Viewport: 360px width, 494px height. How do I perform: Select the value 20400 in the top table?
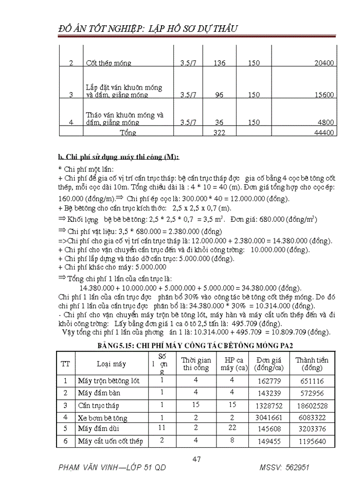coord(324,63)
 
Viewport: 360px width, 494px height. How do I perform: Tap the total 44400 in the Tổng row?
coord(324,133)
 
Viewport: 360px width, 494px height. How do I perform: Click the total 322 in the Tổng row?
coord(220,133)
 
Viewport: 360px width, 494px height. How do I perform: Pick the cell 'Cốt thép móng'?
coord(109,63)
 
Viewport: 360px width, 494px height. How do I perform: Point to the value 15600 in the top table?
coord(324,95)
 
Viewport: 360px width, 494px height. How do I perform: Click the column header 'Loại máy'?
coord(111,364)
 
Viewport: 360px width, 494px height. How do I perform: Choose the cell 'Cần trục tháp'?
coord(98,406)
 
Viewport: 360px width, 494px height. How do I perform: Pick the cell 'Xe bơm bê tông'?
coord(102,418)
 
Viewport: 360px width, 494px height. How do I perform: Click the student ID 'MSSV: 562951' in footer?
coord(284,469)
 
